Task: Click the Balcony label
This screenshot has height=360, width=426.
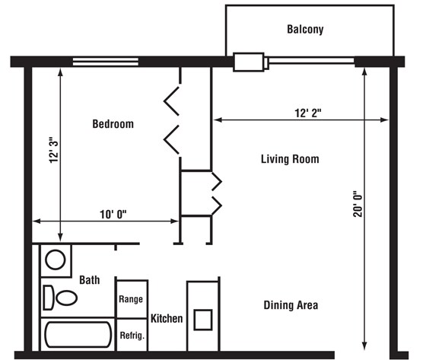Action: coord(305,30)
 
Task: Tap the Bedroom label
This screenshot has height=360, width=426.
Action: coord(113,124)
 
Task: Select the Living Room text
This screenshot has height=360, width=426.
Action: coord(290,159)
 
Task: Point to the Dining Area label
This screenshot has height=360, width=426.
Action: coord(291,305)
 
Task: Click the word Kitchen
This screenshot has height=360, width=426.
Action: coord(167,318)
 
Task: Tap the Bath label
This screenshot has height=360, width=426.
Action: coord(90,280)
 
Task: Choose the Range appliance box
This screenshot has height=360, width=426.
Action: coord(132,299)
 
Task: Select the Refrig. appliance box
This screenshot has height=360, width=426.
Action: coord(132,335)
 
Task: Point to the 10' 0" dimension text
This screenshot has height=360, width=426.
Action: coord(113,215)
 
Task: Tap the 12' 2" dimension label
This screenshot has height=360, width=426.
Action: coord(308,113)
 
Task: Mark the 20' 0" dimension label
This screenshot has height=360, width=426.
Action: coord(358,205)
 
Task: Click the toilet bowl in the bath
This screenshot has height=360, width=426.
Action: coord(66,298)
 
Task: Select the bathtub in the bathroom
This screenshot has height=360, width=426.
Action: coord(78,335)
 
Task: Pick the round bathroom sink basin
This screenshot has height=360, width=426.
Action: coord(55,260)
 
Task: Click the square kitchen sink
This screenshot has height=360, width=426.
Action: coord(203,320)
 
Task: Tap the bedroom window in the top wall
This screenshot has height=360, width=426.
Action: coord(106,62)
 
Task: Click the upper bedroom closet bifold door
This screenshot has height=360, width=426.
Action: coord(171,101)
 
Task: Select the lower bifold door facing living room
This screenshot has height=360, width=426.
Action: coord(217,205)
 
